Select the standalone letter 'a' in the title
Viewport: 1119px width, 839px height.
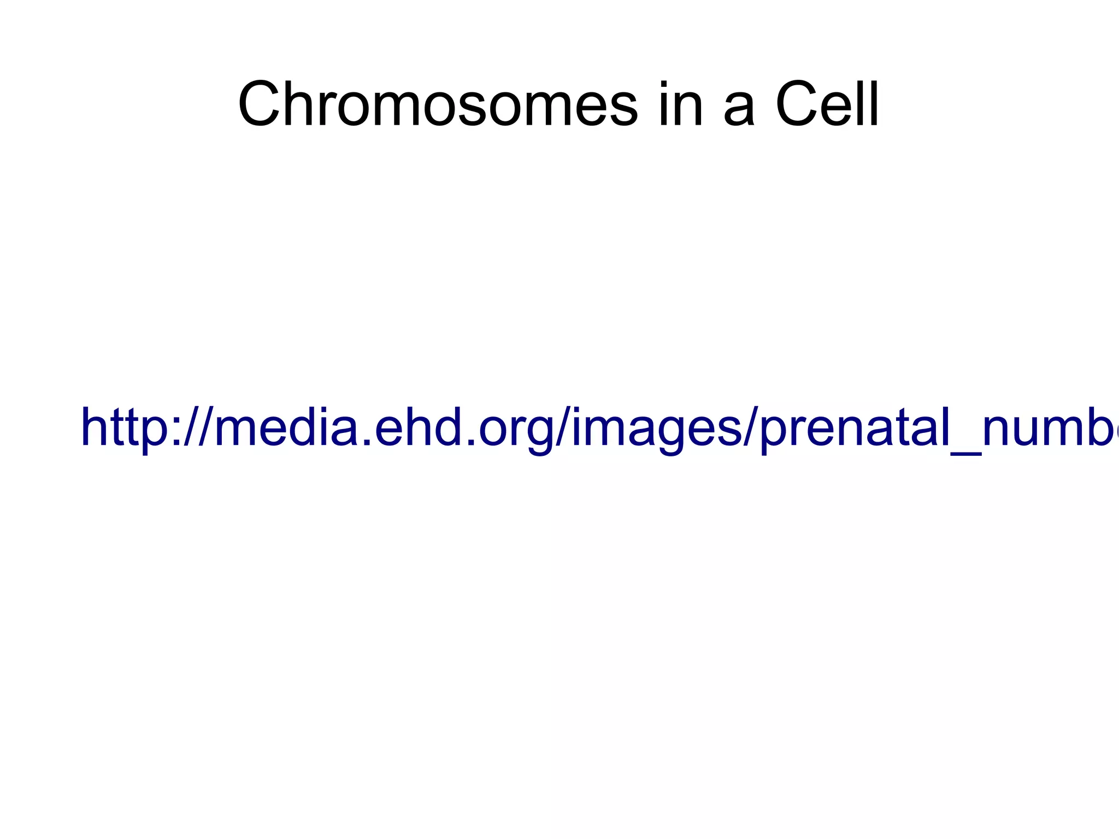coord(739,109)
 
